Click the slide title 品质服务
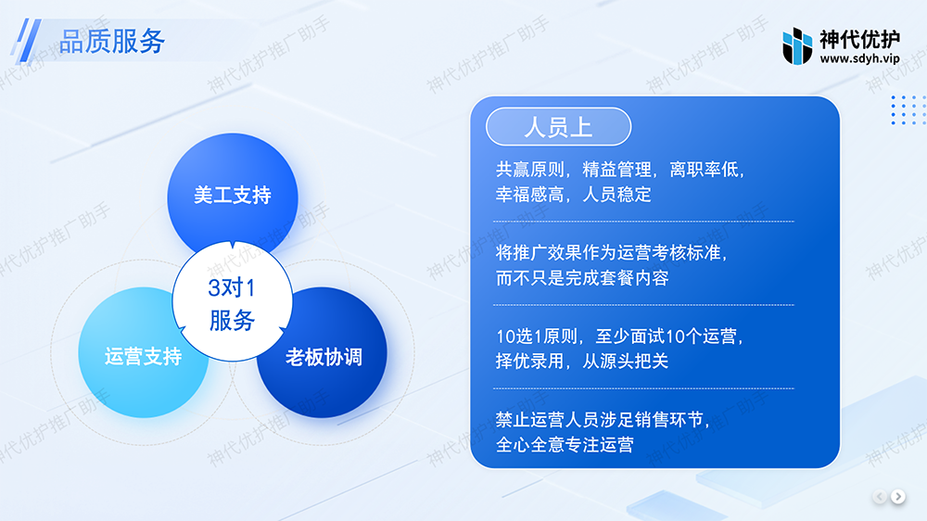coord(112,42)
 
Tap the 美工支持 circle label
coord(233,196)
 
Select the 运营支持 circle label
coord(143,357)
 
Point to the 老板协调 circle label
coord(324,357)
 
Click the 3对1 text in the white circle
coord(232,288)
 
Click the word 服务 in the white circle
coord(232,321)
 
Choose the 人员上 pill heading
coord(558,127)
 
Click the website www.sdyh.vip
coord(859,58)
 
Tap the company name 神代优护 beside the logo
coord(859,40)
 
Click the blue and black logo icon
coord(797,45)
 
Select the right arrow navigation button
coord(898,497)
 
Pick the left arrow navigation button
coord(880,497)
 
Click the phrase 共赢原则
coord(529,170)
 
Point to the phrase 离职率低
coord(704,170)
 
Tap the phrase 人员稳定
coord(616,195)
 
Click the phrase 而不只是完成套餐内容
coord(582,278)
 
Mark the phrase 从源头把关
coord(626,361)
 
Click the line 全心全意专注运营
coord(565,445)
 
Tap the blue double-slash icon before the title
coord(27,40)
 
